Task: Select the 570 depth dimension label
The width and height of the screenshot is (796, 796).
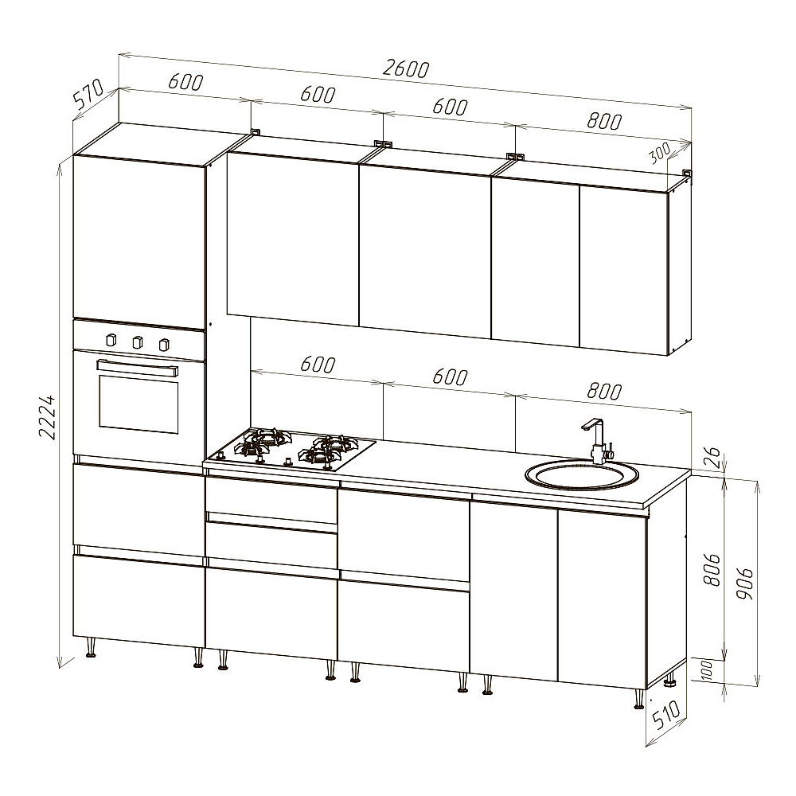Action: [x=88, y=95]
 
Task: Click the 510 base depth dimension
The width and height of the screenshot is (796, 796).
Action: [x=665, y=714]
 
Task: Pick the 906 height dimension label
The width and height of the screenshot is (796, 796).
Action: [x=745, y=583]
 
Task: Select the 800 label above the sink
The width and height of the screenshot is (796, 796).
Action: [x=604, y=392]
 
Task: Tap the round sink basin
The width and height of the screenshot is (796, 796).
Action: [x=582, y=476]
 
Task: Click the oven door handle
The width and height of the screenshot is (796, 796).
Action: [x=138, y=367]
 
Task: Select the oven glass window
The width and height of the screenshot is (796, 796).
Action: [x=139, y=404]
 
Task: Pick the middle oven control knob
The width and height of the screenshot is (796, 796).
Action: [x=138, y=342]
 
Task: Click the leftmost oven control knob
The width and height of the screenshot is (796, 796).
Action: [x=111, y=340]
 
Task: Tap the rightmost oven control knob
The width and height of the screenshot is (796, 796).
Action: [x=163, y=345]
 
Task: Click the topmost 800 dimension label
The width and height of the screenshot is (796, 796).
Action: [x=604, y=121]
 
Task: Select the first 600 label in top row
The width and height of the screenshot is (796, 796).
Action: [x=185, y=82]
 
